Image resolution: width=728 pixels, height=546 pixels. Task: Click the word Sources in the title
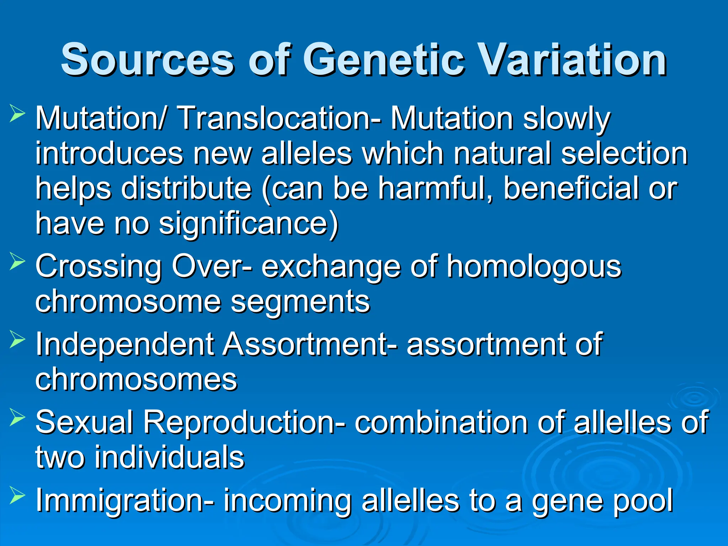coord(148,60)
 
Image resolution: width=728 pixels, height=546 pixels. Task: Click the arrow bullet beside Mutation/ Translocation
coord(17,114)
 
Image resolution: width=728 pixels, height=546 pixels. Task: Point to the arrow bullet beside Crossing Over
coord(17,262)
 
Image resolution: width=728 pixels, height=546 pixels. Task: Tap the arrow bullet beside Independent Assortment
coord(17,340)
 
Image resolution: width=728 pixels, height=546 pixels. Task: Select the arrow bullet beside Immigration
coord(17,496)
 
